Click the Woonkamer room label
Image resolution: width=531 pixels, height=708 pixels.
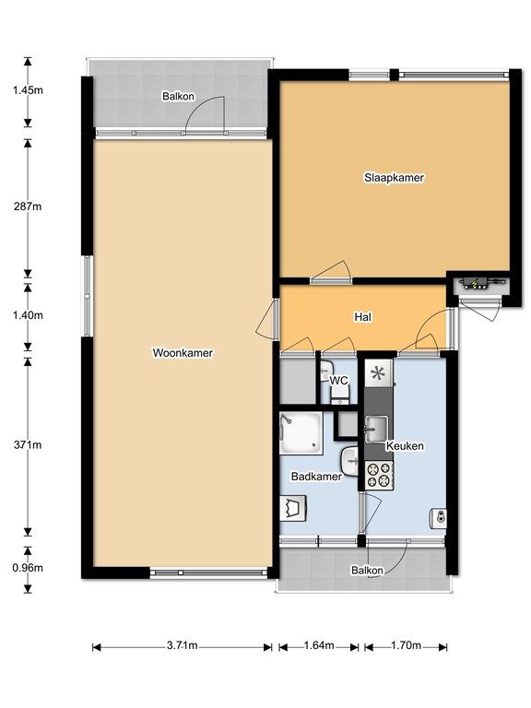[x=183, y=353]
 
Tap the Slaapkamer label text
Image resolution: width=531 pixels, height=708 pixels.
[x=394, y=177]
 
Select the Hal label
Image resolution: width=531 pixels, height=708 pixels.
[x=362, y=317]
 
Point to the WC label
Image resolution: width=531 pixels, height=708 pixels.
[x=338, y=380]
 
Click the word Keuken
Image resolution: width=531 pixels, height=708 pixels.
[x=405, y=446]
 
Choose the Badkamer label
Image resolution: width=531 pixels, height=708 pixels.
[x=316, y=476]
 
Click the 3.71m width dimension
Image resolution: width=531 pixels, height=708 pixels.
[x=182, y=645]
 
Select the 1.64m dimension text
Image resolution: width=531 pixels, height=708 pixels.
[x=319, y=645]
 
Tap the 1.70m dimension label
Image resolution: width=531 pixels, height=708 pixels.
[x=406, y=645]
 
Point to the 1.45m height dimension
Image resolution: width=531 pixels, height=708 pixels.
[x=28, y=89]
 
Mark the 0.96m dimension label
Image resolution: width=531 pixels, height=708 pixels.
[x=28, y=568]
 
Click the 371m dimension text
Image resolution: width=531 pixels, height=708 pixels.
[x=28, y=444]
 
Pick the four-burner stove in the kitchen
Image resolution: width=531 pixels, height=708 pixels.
[x=378, y=475]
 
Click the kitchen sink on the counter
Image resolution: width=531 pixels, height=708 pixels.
[x=376, y=429]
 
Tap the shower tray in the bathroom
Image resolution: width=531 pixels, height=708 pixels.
[x=301, y=433]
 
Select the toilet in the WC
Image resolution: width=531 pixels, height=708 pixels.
[x=339, y=396]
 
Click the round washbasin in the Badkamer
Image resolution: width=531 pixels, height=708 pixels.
[x=349, y=462]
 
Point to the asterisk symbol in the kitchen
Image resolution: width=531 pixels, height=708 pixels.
[x=377, y=373]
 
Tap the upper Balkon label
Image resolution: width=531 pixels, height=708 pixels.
[x=178, y=96]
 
